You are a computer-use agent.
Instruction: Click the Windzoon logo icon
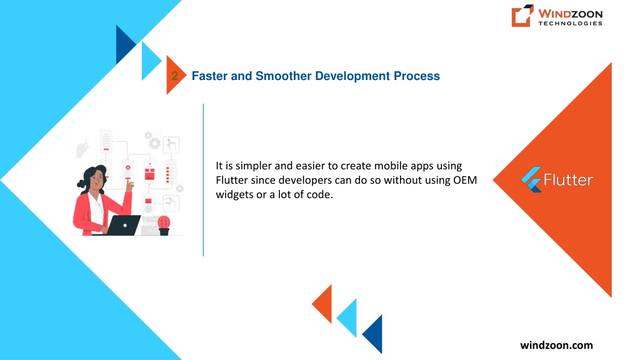pos(522,16)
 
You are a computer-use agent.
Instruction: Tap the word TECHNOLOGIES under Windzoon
pos(570,23)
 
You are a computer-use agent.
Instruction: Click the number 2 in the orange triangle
pos(175,76)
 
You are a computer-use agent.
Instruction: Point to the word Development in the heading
pos(352,76)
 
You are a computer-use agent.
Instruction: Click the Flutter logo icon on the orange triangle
pos(531,179)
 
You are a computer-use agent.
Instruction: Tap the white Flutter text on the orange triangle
pos(568,179)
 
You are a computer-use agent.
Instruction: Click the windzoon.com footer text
pos(556,345)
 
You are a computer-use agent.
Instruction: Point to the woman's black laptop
pos(123,225)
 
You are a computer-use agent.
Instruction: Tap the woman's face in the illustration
pos(97,179)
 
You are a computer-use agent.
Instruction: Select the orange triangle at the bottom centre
pos(322,304)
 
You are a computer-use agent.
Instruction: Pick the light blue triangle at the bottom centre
pos(347,318)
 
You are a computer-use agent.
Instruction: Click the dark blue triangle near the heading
pos(126,44)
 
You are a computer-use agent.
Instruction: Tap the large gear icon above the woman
pos(154,143)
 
